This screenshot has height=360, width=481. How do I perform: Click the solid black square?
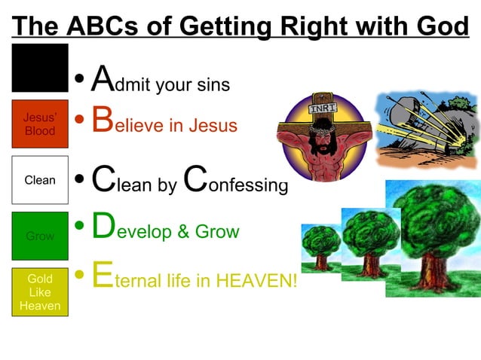pos(40,69)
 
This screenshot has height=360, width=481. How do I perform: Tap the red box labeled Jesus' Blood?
pos(40,124)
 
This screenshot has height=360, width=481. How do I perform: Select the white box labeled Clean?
pos(40,180)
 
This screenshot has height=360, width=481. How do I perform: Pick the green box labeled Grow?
pos(40,236)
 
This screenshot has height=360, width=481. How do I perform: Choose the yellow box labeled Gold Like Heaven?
pos(40,292)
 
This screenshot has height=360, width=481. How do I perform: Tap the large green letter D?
pos(103,226)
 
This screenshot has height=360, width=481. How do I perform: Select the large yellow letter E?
pos(102,276)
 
